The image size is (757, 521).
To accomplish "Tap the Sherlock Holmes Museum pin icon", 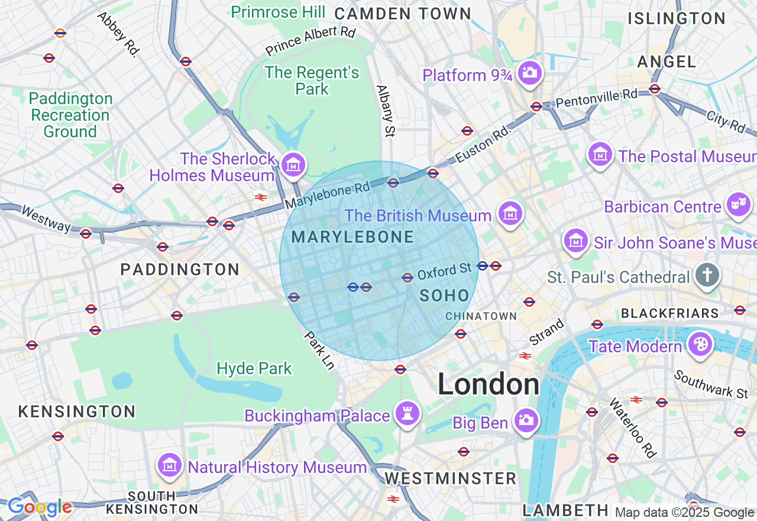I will click(x=293, y=165).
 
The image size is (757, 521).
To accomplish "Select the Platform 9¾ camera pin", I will click(x=529, y=73).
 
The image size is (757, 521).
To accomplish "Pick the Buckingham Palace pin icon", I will click(x=407, y=413).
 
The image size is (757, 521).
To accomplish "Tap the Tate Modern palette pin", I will click(x=700, y=344).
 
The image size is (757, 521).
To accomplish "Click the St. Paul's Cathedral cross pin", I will click(x=707, y=275).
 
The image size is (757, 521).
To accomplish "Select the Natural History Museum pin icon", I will click(x=170, y=465).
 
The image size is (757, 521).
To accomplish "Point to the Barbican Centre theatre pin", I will click(x=739, y=205).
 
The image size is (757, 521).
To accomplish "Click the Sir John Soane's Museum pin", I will click(x=575, y=240).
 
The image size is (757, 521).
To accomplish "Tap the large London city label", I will click(x=488, y=385).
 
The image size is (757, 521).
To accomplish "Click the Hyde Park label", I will click(x=254, y=369).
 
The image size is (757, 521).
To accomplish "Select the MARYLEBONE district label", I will click(x=352, y=237).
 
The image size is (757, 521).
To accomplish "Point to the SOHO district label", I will click(x=444, y=295).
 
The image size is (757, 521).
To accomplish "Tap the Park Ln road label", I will click(x=320, y=350).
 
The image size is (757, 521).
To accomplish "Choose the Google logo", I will click(x=40, y=507).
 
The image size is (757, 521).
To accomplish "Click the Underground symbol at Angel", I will click(x=654, y=89).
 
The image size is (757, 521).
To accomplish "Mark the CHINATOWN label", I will click(x=481, y=317).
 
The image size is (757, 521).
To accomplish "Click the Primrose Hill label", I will click(x=278, y=12).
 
